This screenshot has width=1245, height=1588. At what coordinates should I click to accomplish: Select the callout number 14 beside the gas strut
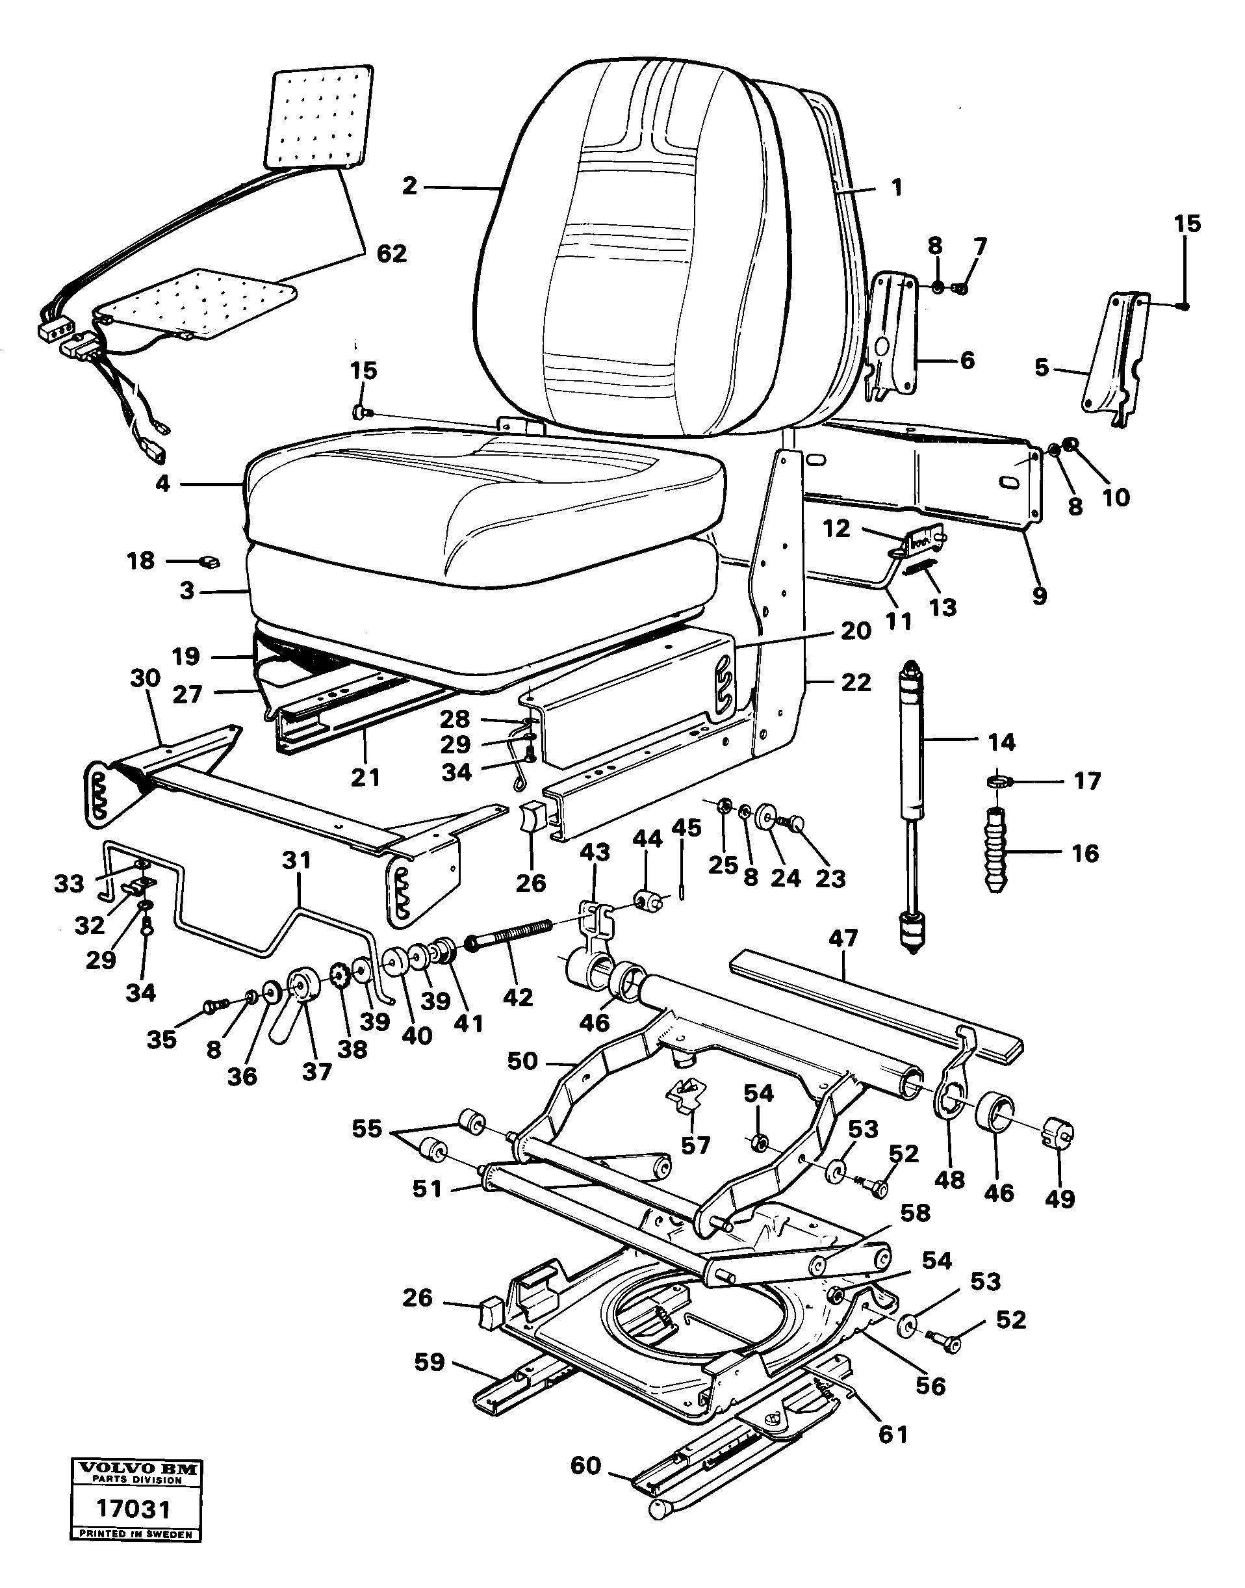1001,742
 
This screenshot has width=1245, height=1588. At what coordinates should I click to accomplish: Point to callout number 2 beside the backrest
409,187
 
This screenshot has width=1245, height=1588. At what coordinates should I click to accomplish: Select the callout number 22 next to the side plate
856,683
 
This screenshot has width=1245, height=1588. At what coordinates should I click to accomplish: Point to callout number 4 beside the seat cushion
162,483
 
